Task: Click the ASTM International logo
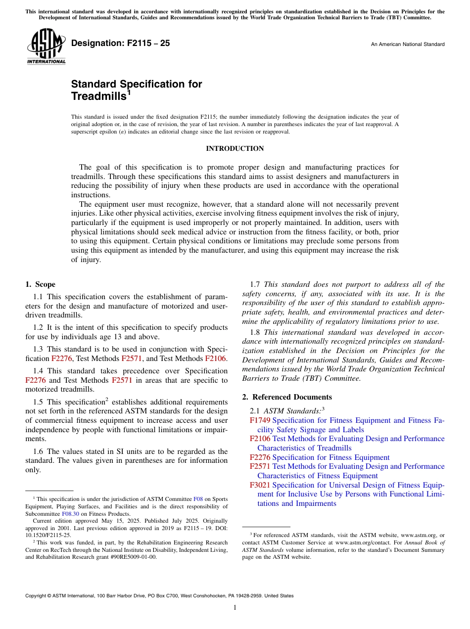(46, 46)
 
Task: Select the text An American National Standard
(408, 45)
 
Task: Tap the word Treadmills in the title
(98, 96)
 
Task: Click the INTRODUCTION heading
(235, 148)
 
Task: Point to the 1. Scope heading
(41, 284)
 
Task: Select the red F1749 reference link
(260, 421)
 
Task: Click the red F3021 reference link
(260, 485)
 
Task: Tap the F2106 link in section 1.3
(215, 358)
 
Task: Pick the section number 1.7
(255, 284)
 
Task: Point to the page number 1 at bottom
(235, 608)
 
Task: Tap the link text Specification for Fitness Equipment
(331, 457)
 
